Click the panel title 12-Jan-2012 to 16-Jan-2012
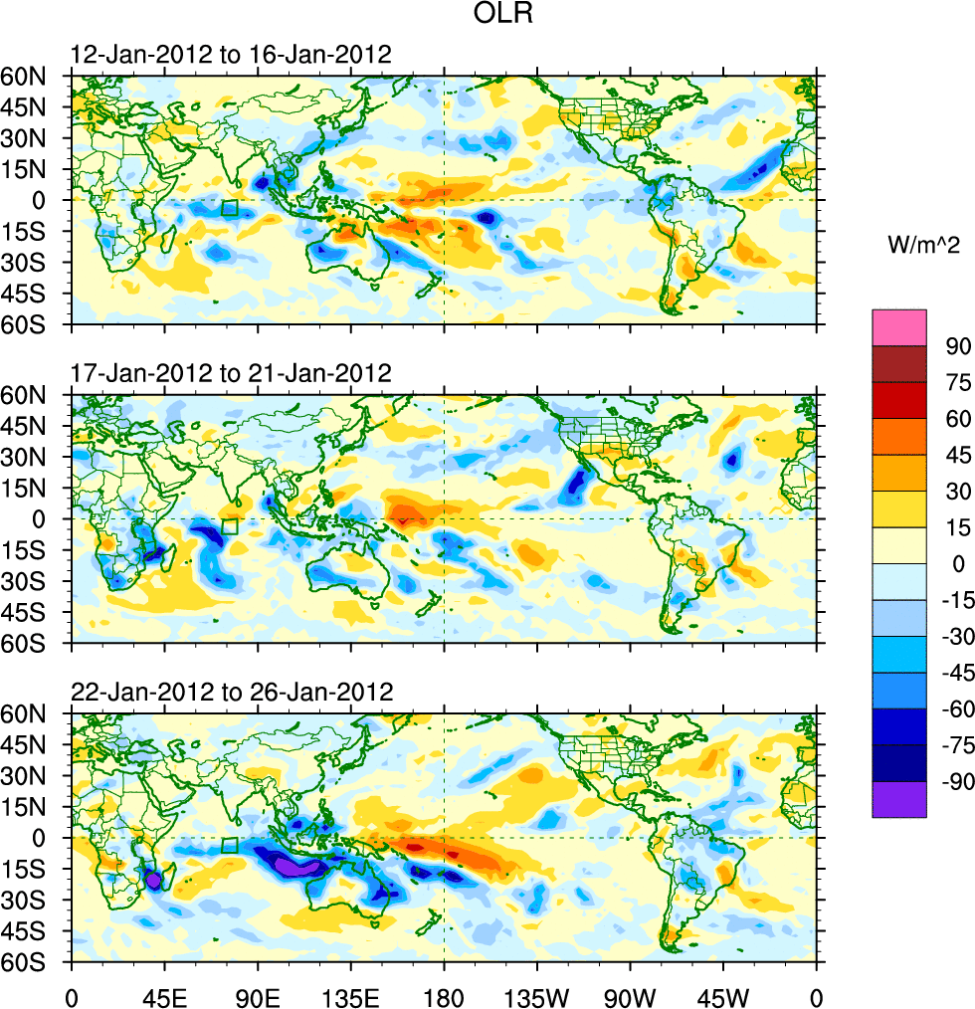tap(231, 54)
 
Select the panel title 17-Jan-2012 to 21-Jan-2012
tap(231, 373)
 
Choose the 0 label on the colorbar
tap(959, 564)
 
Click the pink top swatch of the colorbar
tap(899, 327)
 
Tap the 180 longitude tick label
tap(444, 994)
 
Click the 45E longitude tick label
tap(163, 994)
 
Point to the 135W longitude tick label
tap(537, 994)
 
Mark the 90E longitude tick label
tap(258, 994)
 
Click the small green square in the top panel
tap(230, 208)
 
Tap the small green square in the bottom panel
tap(230, 846)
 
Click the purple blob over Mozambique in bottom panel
tap(152, 880)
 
